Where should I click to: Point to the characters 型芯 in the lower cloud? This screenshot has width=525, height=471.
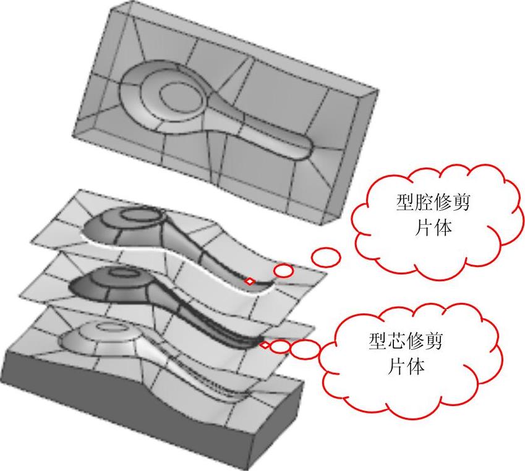pos(388,342)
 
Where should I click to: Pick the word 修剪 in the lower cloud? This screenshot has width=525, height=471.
pos(425,342)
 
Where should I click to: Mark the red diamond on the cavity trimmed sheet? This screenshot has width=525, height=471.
pos(250,281)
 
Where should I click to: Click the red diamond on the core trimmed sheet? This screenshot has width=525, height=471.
pos(265,345)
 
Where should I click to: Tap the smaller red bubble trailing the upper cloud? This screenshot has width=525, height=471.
pos(283,270)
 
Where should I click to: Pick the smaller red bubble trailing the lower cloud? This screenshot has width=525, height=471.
pos(280,346)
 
